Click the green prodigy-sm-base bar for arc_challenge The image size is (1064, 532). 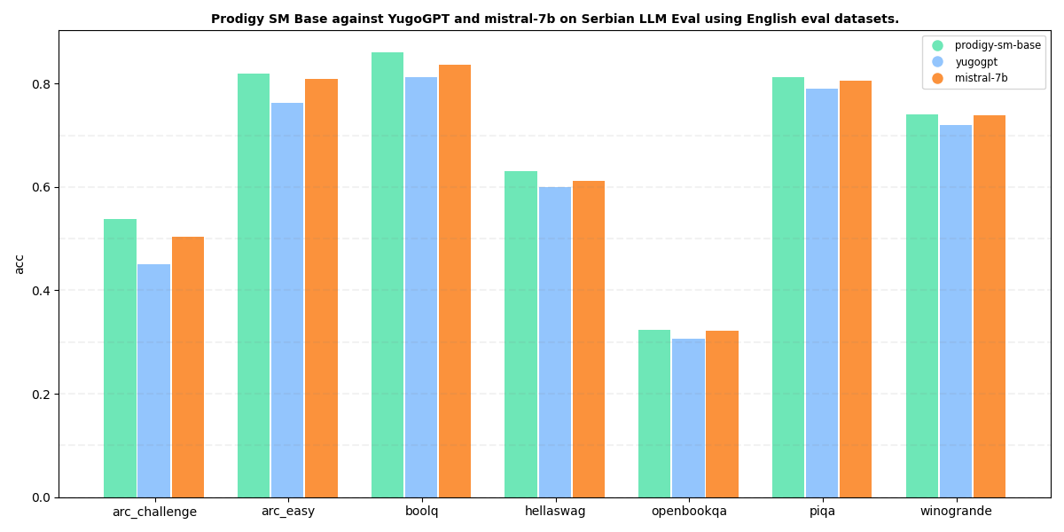(120, 358)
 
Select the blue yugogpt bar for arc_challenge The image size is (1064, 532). (153, 381)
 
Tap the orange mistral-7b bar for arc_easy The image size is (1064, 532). (321, 288)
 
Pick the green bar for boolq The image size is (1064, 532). (387, 275)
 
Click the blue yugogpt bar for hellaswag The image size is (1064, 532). (555, 342)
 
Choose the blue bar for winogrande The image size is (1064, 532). (956, 311)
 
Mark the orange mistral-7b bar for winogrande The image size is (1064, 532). (990, 307)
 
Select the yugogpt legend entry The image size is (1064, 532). (976, 62)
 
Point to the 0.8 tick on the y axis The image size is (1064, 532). (41, 84)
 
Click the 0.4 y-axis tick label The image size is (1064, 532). (41, 291)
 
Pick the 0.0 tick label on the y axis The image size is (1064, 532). (41, 497)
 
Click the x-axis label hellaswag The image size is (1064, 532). (555, 512)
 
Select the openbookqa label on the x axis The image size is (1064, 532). (689, 512)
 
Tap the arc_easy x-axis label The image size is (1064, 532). (287, 512)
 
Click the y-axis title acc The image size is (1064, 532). (20, 264)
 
